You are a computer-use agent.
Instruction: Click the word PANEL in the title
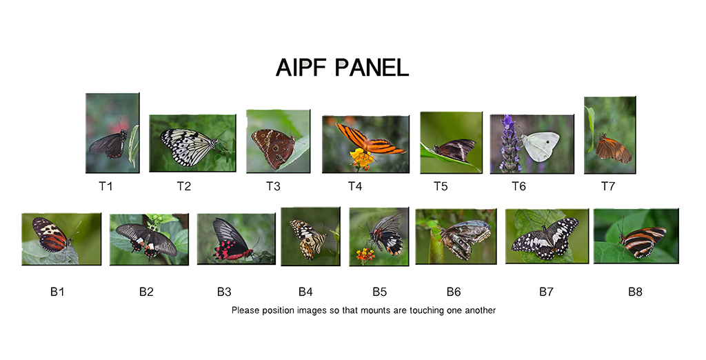point(372,68)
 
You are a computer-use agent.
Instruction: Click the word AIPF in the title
point(302,68)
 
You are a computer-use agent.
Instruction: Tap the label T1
point(105,186)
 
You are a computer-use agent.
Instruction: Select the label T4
point(355,186)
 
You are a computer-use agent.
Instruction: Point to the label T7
point(608,186)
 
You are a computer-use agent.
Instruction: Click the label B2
point(146,292)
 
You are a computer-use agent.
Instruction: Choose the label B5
point(380,292)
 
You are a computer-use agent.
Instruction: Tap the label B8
point(635,292)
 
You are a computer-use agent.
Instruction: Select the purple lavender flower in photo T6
point(510,143)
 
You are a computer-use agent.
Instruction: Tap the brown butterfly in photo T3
point(273,146)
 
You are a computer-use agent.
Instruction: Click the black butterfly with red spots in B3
point(231,241)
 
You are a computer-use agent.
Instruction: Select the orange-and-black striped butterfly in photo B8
point(642,241)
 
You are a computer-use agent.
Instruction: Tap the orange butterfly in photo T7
point(613,150)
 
